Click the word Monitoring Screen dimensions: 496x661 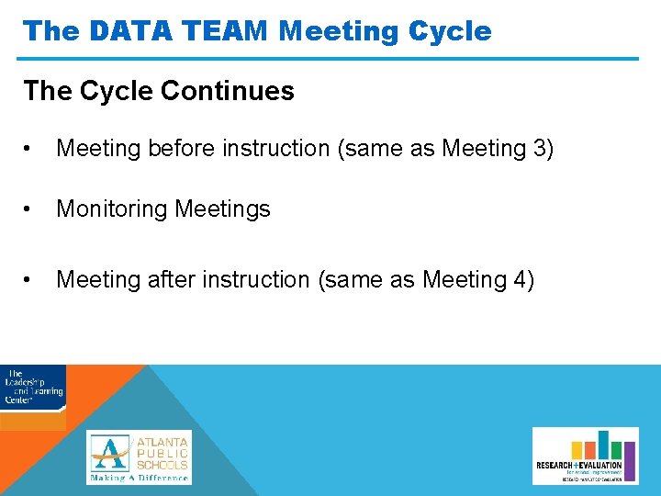tap(108, 209)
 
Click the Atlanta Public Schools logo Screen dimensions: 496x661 tap(139, 457)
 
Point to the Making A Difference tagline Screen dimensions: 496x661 tap(139, 478)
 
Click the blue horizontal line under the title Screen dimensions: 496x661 tap(330, 60)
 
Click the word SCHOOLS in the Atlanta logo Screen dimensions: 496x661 tap(162, 465)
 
